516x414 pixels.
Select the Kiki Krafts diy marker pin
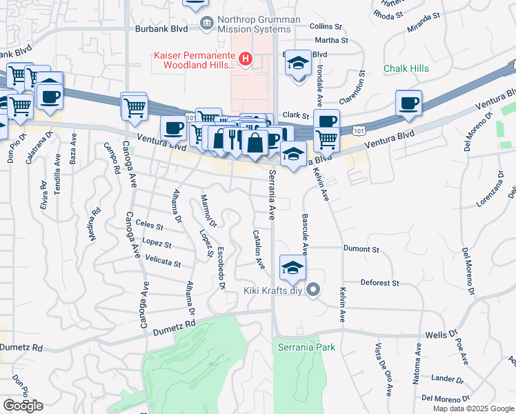point(314,290)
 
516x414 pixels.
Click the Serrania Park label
point(306,347)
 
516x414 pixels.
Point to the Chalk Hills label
point(406,68)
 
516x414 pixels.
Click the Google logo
point(23,405)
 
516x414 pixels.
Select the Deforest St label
point(380,283)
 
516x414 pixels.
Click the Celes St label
point(150,225)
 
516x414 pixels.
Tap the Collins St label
point(326,26)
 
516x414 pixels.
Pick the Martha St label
point(333,40)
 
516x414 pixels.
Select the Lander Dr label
point(447,378)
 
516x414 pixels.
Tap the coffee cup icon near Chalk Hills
point(410,103)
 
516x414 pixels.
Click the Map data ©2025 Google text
point(473,408)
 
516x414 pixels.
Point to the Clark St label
point(294,116)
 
